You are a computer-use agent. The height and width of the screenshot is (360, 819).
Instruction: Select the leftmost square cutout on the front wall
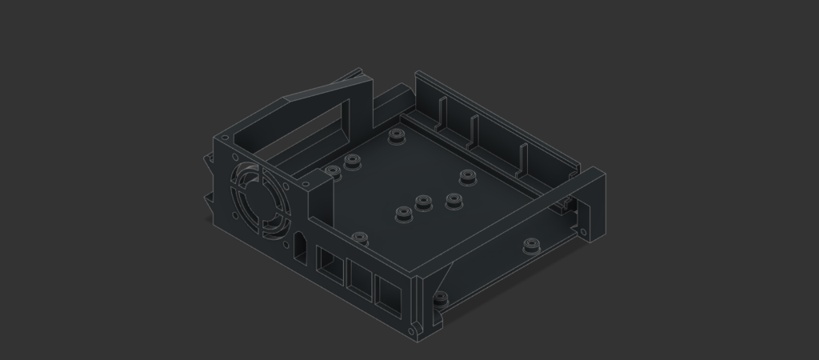[x=329, y=262]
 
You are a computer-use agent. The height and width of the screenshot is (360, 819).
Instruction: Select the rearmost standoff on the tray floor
[x=395, y=136]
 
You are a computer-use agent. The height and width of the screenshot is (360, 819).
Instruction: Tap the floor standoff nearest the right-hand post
[x=529, y=246]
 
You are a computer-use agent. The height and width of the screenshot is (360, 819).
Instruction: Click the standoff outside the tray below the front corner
[x=439, y=300]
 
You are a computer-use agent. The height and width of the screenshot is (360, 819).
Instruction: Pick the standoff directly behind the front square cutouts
[x=360, y=238]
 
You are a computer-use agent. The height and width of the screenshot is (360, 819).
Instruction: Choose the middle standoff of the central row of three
[x=422, y=202]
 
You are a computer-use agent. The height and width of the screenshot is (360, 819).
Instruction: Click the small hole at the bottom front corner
[x=412, y=330]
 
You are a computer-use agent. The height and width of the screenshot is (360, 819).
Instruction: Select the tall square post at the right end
[x=592, y=204]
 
